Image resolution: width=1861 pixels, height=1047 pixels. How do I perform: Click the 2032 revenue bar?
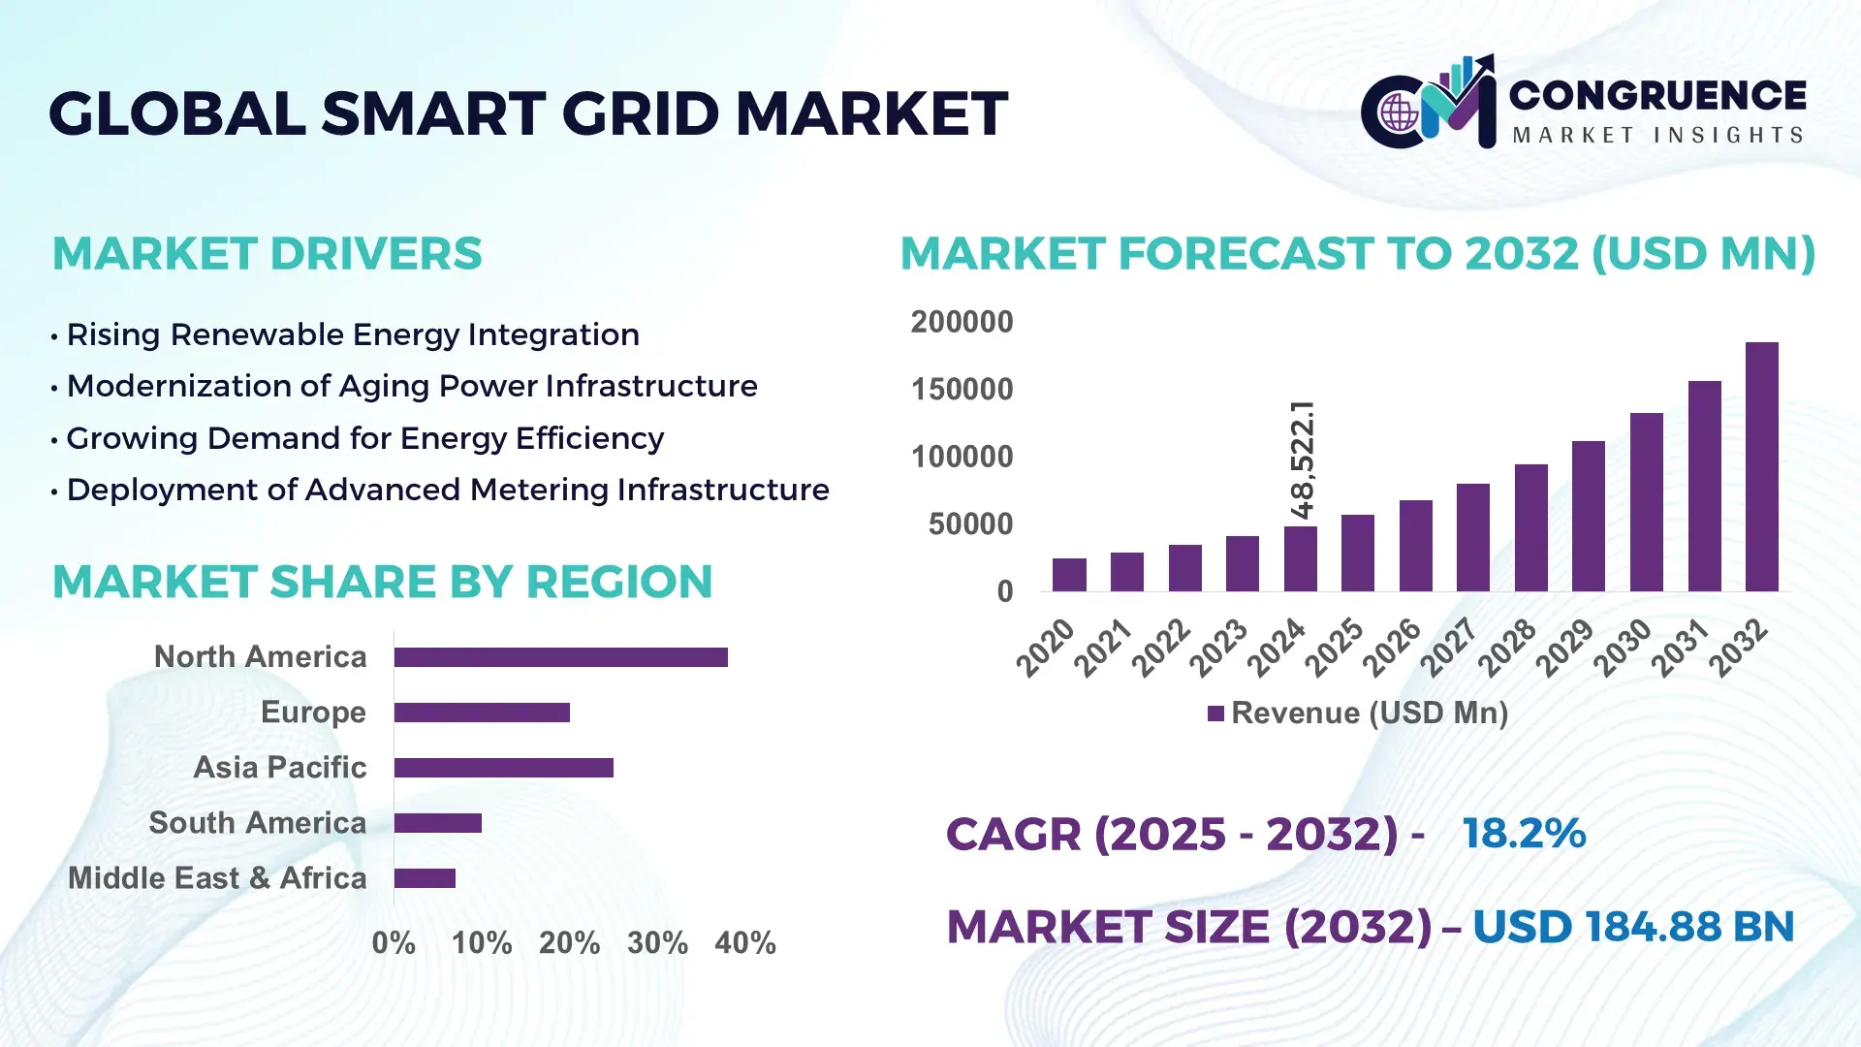(1761, 466)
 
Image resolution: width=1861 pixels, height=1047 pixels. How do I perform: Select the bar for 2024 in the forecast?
(1300, 558)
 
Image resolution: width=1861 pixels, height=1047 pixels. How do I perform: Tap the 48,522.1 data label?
(1302, 460)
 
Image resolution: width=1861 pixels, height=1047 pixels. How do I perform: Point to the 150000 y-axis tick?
(962, 390)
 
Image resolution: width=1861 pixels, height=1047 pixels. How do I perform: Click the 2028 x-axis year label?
(1507, 647)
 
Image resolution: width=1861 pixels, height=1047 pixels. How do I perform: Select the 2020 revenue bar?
(1069, 574)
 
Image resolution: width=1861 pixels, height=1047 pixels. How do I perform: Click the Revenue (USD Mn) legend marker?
(1215, 714)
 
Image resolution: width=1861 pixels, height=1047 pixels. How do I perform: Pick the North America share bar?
(560, 657)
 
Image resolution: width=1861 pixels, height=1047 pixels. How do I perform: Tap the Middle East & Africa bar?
(425, 878)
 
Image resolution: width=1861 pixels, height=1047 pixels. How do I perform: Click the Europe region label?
(313, 713)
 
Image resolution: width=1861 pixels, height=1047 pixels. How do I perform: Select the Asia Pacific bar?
(503, 768)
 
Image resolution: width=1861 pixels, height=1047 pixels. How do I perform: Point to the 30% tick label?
(657, 942)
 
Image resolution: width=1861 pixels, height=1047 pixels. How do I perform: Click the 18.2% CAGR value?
(1523, 834)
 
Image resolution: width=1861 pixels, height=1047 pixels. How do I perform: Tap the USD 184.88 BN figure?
(1632, 927)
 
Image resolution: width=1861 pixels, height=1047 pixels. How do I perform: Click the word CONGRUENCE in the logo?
(1656, 95)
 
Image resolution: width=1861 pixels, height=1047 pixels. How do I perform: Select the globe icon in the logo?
(1399, 113)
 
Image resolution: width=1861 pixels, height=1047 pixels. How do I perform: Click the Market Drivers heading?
(267, 254)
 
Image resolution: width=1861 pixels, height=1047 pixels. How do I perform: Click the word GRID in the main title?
(642, 114)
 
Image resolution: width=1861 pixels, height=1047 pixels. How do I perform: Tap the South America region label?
(257, 823)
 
